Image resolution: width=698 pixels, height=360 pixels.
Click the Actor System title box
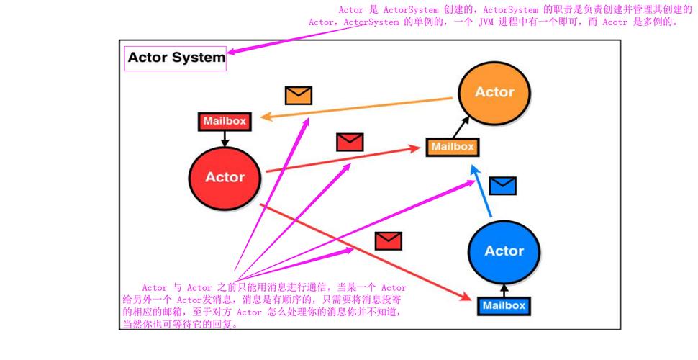(x=176, y=58)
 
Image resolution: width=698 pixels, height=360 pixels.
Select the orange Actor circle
(x=494, y=92)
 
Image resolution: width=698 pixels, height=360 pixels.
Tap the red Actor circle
(x=225, y=177)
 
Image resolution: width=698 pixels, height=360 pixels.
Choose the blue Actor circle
(x=504, y=251)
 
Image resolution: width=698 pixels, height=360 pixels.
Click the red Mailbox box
(x=225, y=121)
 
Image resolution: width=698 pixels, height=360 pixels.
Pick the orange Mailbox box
(x=452, y=147)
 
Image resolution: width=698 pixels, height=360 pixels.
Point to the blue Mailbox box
(x=504, y=305)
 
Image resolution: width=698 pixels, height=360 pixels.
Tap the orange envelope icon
(x=298, y=95)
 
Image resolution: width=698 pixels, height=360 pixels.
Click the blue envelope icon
(x=502, y=186)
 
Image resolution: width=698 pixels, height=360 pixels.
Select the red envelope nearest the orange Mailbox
(x=350, y=142)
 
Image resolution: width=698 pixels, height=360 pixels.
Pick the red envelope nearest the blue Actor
(x=389, y=240)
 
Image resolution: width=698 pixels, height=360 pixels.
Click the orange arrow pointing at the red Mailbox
(x=360, y=107)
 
